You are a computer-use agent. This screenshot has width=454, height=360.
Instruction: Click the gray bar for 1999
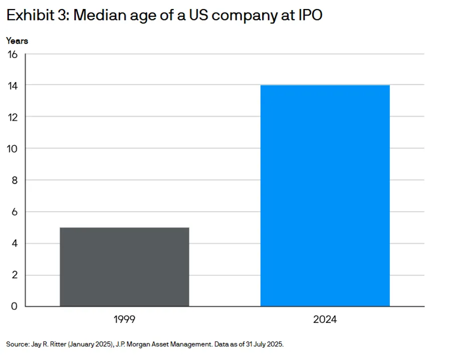[124, 267]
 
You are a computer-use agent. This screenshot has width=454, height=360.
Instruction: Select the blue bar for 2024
[325, 196]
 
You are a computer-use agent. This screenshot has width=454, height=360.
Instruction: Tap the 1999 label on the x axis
[124, 319]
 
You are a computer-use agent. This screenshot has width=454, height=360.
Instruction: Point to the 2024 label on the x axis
[325, 319]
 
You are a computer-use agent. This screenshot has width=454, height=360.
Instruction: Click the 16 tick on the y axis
[13, 55]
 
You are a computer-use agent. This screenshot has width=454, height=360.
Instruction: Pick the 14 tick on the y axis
[13, 86]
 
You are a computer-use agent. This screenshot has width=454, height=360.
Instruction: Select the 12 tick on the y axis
[13, 118]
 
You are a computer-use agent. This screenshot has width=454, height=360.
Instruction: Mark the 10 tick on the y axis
[13, 149]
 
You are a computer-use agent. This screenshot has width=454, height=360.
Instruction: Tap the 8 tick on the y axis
[15, 181]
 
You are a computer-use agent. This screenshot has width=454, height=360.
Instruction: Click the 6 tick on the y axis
[15, 212]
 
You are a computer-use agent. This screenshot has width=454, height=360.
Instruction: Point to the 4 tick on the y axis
[15, 243]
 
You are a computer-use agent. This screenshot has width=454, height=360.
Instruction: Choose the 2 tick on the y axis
[15, 275]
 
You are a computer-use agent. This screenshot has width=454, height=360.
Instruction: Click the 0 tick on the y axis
[14, 306]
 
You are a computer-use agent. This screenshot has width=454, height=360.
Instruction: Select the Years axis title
[17, 41]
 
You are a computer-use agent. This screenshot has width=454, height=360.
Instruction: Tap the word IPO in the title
[310, 15]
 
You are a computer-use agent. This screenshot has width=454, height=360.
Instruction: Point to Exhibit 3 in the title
[38, 15]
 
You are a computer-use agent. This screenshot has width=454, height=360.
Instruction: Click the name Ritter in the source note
[58, 344]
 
